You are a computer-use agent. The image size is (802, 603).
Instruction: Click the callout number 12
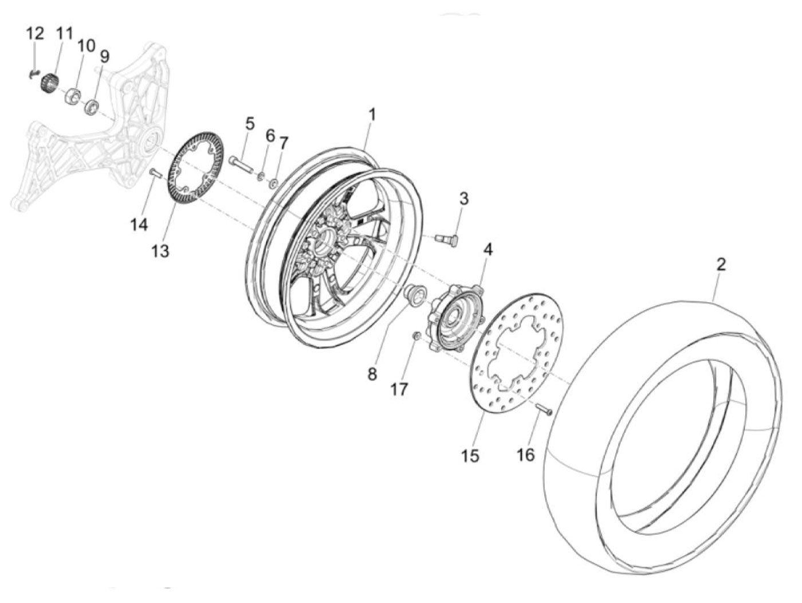click(35, 34)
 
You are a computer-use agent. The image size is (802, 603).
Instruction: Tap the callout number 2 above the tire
click(720, 265)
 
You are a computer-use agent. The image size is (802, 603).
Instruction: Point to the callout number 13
click(160, 251)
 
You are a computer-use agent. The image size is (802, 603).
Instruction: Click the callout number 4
click(488, 249)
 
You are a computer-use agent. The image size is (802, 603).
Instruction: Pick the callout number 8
click(372, 374)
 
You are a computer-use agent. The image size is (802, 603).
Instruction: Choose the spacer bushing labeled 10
click(73, 97)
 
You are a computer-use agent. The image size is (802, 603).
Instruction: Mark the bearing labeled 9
click(92, 105)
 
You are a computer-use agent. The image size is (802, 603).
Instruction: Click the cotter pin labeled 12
click(33, 73)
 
